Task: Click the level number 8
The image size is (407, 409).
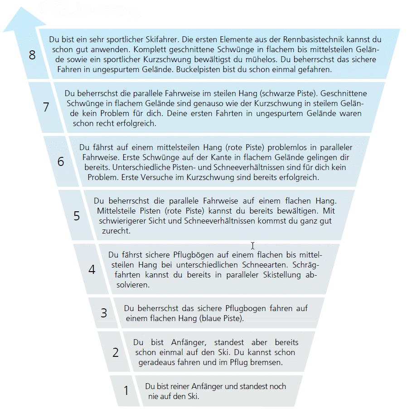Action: tap(32, 55)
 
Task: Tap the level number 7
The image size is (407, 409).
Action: tap(46, 107)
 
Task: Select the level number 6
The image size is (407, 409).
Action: tap(61, 161)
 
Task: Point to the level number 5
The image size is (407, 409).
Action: tap(77, 216)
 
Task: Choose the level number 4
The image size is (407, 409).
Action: tap(92, 269)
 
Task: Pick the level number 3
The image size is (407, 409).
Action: tap(104, 313)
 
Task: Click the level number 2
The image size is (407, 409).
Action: tap(116, 352)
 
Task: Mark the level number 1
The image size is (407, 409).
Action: tap(126, 390)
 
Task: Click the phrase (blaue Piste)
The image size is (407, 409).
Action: tap(221, 318)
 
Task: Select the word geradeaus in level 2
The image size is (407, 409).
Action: tap(157, 362)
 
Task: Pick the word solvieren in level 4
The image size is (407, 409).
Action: tap(132, 285)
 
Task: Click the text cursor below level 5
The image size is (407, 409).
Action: tap(252, 246)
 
